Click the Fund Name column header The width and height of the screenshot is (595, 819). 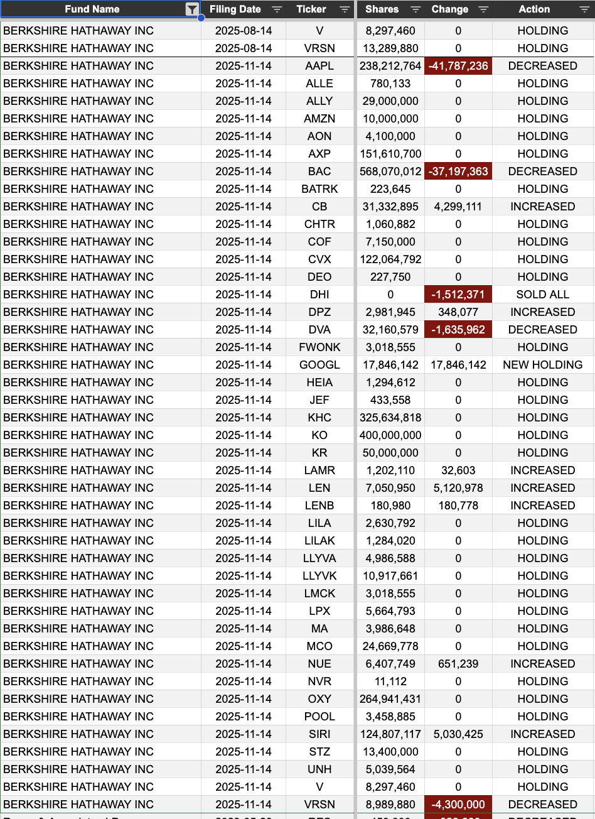coord(92,9)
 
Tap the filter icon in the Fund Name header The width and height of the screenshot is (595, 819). coord(192,9)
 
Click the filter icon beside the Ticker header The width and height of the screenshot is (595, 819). coord(344,9)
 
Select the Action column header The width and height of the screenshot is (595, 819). coord(534,9)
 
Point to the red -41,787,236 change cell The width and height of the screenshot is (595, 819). coord(458,66)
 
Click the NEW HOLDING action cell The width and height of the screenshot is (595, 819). coord(542,365)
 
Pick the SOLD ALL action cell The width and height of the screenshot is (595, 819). coord(542,295)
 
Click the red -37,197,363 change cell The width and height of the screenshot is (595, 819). coord(458,171)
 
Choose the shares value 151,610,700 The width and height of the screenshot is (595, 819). coord(390,154)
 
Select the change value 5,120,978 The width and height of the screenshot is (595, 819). coord(458,488)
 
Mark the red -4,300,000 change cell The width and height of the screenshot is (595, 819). coord(458,805)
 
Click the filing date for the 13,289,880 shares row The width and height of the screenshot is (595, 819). coord(244,48)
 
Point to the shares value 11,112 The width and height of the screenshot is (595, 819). coord(390,681)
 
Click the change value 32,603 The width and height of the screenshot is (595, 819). coord(458,470)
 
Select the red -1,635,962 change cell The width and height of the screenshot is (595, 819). coord(458,330)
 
